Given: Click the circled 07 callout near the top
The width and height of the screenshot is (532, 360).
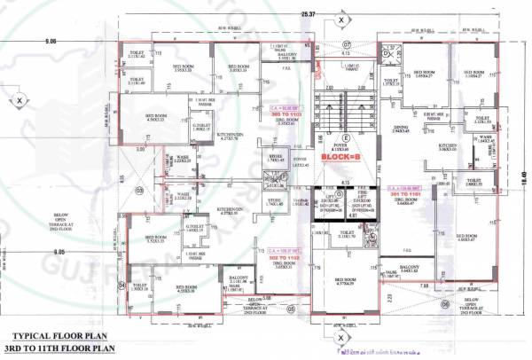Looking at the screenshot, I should click(x=347, y=43).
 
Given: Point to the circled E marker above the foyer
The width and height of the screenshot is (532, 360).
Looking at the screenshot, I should click(x=347, y=137).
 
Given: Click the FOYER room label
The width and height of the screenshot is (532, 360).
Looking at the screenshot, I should click(x=347, y=145).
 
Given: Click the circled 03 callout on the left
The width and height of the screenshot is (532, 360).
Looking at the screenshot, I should click(x=138, y=190).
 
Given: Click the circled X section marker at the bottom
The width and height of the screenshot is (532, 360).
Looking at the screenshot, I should click(x=340, y=337).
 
